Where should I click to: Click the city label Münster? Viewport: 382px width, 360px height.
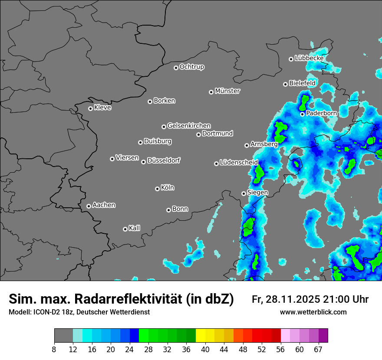point(227,91)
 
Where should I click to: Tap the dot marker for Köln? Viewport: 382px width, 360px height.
point(157,189)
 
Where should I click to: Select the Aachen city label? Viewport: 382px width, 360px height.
point(104,205)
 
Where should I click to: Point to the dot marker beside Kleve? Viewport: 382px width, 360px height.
point(90,108)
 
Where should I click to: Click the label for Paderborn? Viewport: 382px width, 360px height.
point(321,113)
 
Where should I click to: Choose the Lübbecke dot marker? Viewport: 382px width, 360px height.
point(291,59)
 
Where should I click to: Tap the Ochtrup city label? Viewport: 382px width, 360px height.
point(191,67)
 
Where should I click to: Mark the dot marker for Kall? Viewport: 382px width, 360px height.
point(125,229)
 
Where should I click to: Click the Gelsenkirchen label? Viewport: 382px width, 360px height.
point(189,126)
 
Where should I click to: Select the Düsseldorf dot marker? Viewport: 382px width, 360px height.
point(143,162)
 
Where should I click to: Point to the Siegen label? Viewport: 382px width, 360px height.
point(257,193)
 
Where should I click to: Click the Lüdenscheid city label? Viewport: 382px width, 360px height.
point(239,163)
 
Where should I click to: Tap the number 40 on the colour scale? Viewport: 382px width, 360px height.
point(205,349)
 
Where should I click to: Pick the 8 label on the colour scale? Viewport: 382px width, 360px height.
point(54,349)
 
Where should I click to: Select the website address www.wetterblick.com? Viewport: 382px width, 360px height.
point(313,312)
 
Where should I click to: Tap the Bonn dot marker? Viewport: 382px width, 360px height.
point(168,210)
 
